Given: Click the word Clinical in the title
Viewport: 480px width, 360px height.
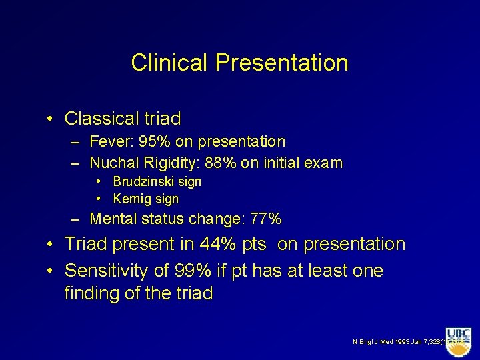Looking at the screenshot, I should click(x=170, y=63).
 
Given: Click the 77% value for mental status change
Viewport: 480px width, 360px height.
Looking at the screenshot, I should click(x=265, y=219).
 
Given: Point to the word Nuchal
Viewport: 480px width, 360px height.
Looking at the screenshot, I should click(x=112, y=163).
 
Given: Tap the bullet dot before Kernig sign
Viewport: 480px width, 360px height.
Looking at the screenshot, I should click(x=98, y=199).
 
